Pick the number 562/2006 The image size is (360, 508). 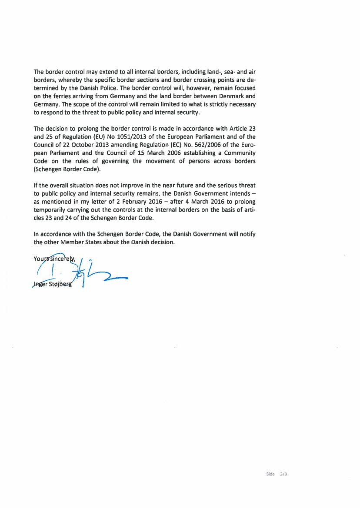212,145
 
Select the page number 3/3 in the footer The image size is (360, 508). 284,474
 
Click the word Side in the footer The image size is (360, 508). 270,474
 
